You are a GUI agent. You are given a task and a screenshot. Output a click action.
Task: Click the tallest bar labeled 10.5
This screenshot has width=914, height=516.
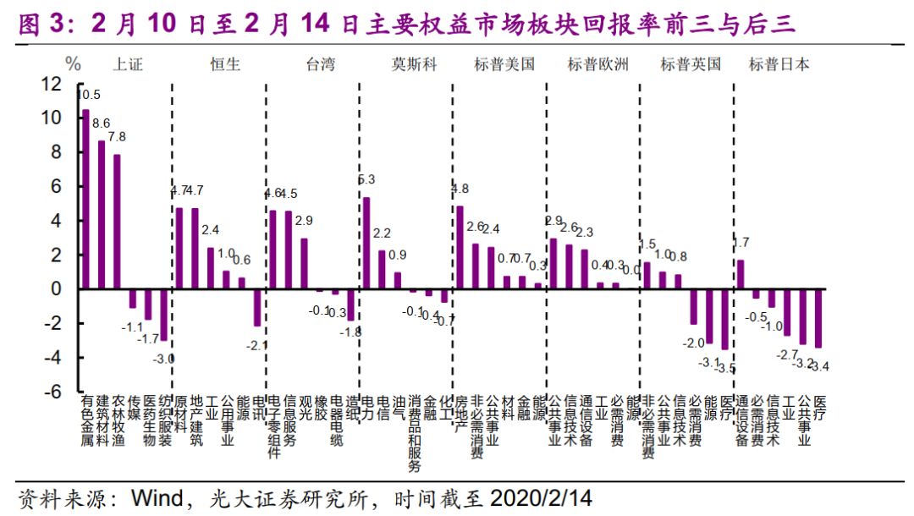[85, 200]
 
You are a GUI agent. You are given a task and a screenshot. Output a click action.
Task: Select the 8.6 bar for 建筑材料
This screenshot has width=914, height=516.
[102, 215]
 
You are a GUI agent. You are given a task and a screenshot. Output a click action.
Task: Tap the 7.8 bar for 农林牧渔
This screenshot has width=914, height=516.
[117, 222]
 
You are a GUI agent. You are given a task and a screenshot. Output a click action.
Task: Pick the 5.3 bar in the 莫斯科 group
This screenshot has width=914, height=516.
[366, 244]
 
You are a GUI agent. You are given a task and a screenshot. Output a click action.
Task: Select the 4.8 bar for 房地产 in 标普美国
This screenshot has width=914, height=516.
[460, 247]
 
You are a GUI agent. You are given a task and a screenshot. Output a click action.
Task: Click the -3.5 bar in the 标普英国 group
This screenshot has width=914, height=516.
[724, 319]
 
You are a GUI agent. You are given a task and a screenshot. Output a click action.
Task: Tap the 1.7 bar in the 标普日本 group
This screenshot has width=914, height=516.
[741, 274]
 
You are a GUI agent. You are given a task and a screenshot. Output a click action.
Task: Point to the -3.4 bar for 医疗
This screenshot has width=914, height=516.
[818, 318]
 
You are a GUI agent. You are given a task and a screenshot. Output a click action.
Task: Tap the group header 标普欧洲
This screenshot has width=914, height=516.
[598, 64]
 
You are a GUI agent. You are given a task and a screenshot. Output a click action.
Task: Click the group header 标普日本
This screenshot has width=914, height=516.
[779, 64]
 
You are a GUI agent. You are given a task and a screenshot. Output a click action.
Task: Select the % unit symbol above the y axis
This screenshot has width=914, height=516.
[74, 64]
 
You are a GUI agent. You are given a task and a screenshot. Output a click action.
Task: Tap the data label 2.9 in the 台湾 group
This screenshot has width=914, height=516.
[304, 220]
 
